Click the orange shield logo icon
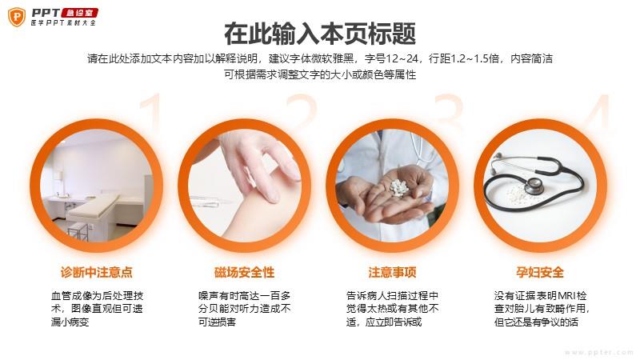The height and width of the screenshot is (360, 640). (x=17, y=17)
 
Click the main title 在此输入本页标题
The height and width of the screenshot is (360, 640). (x=320, y=34)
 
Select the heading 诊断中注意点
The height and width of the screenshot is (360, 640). (x=97, y=272)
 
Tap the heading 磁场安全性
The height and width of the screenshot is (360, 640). (x=244, y=272)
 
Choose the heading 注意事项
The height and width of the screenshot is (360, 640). (x=392, y=272)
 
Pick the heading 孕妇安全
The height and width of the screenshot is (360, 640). (x=540, y=272)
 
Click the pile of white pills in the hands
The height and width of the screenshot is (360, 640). (x=398, y=188)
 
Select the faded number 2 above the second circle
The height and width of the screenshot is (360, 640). (x=302, y=111)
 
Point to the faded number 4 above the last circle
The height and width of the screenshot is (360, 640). (x=598, y=111)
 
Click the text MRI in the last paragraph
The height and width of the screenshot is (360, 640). (x=567, y=295)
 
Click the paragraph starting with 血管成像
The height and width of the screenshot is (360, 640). (x=97, y=309)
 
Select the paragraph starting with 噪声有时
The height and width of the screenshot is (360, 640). (x=244, y=309)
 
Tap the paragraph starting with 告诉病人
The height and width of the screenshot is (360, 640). (x=392, y=309)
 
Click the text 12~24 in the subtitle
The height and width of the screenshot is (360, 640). (x=402, y=58)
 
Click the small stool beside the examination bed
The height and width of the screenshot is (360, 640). (x=78, y=231)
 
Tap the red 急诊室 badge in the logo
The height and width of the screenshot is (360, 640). (x=79, y=13)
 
